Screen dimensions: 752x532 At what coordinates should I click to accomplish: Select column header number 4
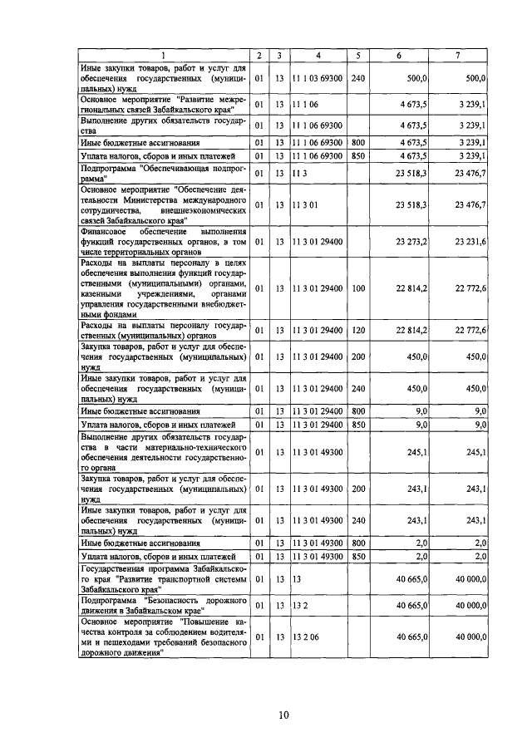point(318,56)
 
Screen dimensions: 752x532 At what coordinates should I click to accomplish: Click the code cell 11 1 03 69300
point(318,77)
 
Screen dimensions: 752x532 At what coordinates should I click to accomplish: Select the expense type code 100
point(358,288)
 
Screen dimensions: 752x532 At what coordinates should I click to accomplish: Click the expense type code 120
point(358,330)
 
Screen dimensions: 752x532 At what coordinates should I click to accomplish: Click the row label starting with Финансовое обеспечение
point(163,241)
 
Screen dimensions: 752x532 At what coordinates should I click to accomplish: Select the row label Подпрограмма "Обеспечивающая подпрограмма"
point(163,173)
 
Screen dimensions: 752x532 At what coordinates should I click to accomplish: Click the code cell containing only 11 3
point(298,173)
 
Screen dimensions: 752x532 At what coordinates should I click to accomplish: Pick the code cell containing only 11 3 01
point(302,204)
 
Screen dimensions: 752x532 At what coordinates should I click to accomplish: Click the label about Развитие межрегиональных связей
point(163,105)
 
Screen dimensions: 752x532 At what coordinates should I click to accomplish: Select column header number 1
point(164,56)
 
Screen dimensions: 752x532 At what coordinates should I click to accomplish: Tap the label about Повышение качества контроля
point(163,636)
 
